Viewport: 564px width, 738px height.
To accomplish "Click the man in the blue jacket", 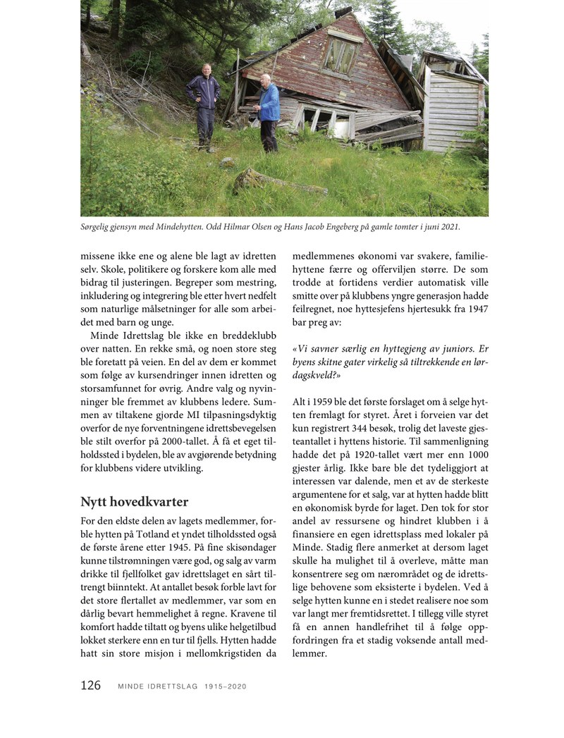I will (268, 113).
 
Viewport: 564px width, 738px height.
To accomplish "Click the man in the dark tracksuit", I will (204, 104).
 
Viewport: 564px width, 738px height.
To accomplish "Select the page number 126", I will (90, 686).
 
